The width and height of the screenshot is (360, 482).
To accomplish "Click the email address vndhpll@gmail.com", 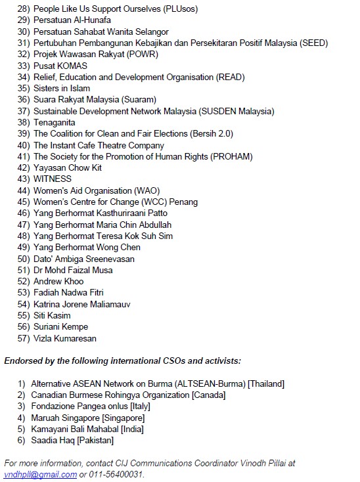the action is coord(41,475).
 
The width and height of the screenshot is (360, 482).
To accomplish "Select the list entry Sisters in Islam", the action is coord(62,88).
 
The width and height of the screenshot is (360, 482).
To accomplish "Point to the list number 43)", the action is coord(24,179).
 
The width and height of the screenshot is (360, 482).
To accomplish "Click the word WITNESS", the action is coord(53,179).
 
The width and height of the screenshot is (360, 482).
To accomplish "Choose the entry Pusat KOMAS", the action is coord(60,66).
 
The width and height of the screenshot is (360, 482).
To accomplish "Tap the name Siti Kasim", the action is coord(52,315).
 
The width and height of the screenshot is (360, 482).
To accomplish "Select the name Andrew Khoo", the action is coord(58,281).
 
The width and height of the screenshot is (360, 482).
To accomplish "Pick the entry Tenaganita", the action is coord(55,122).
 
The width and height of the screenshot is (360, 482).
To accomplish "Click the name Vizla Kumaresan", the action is coord(65,338).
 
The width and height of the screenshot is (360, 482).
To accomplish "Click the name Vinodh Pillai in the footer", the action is coord(263,464).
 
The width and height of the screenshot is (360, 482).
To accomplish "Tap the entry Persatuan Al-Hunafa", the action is coord(72,20).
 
